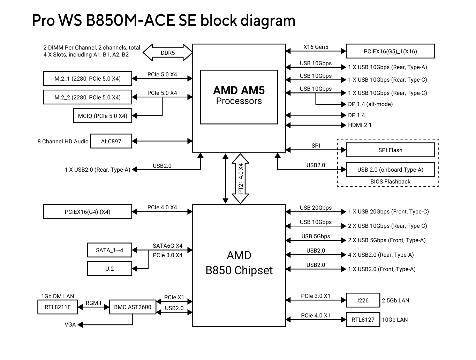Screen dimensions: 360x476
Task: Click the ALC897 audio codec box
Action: (x=111, y=141)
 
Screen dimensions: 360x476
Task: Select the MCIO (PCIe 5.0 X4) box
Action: (x=103, y=116)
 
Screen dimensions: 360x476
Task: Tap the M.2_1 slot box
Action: (x=88, y=78)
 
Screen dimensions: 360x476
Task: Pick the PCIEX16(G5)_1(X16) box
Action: (x=390, y=51)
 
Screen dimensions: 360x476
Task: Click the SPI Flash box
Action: (x=390, y=150)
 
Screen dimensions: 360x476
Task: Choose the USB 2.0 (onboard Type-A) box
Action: (x=390, y=170)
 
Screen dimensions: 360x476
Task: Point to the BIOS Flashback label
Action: (x=390, y=181)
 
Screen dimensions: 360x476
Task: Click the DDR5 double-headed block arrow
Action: (x=168, y=53)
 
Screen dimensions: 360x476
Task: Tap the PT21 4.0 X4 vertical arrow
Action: (x=241, y=178)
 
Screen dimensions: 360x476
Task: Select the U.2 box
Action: (x=109, y=269)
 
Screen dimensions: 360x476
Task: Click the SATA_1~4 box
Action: (x=109, y=250)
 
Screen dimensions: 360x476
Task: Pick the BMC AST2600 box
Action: (x=133, y=307)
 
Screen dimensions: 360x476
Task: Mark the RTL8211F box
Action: (x=58, y=307)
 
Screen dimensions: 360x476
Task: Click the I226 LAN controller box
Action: (x=363, y=300)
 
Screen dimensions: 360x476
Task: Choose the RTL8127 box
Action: (x=363, y=320)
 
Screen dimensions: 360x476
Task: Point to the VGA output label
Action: (x=70, y=324)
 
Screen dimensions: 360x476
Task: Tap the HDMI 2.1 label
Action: (x=360, y=125)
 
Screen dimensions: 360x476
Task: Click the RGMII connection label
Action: (x=93, y=303)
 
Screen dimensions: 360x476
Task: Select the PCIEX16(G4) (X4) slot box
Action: (x=88, y=212)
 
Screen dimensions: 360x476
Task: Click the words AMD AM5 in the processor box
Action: (x=239, y=90)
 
